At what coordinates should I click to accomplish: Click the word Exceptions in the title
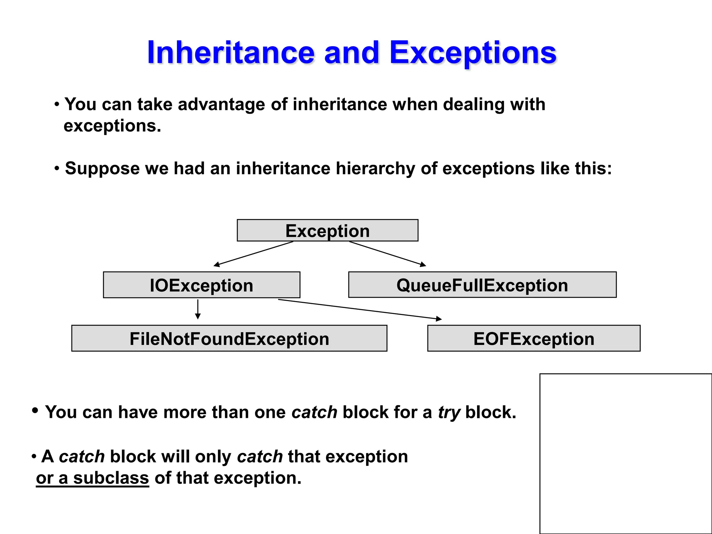click(473, 53)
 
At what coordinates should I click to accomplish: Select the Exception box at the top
click(327, 230)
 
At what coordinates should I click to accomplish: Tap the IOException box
click(202, 285)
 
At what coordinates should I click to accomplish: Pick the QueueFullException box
click(482, 285)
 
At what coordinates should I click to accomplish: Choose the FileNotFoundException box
click(229, 339)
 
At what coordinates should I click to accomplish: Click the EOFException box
click(534, 339)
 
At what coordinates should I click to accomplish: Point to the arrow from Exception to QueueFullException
click(388, 254)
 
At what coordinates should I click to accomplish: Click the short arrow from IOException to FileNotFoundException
click(198, 309)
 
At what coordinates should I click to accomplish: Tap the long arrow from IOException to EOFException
click(360, 309)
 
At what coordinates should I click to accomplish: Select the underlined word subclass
click(111, 478)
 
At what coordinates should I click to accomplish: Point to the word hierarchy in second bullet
click(375, 169)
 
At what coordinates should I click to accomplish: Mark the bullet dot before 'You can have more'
click(35, 411)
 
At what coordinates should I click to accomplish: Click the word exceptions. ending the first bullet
click(112, 126)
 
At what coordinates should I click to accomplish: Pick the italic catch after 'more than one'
click(314, 413)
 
